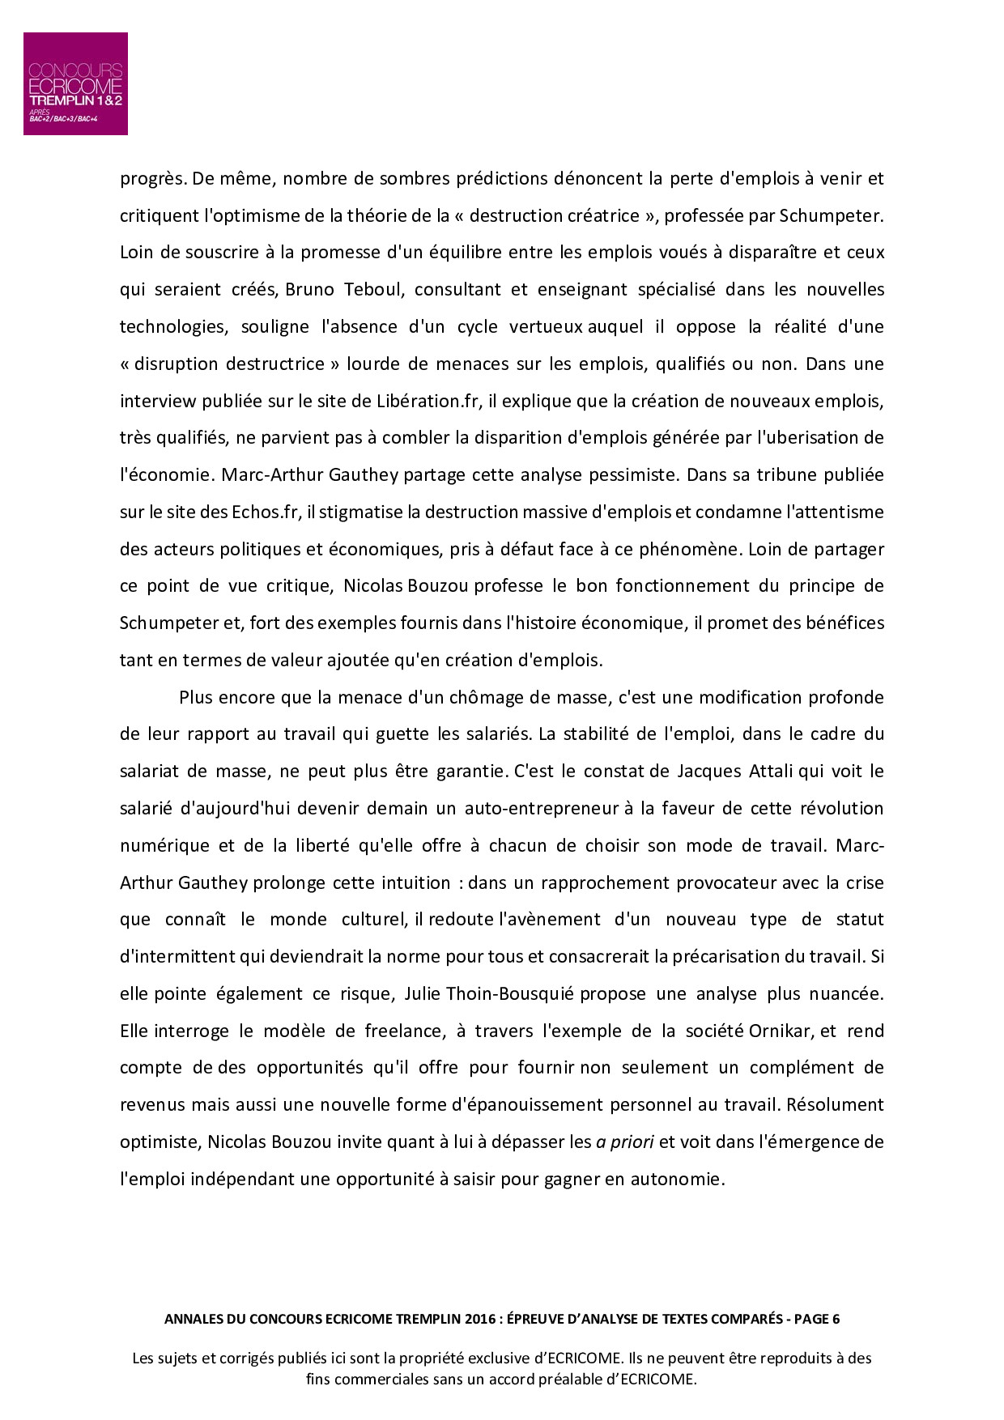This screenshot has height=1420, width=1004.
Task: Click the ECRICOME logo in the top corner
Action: click(75, 83)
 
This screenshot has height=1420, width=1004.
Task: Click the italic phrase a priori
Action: click(624, 1142)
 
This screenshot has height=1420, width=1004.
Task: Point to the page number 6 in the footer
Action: click(835, 1319)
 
